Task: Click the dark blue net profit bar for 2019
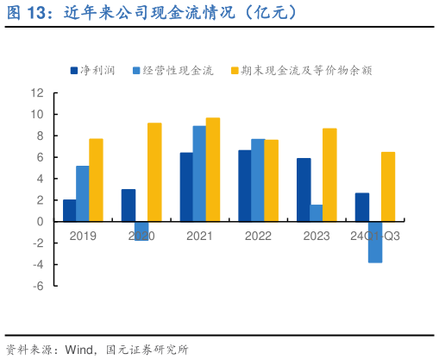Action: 69,211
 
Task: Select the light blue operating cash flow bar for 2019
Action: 82,194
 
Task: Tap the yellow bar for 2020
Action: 154,173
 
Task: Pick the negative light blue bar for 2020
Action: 141,231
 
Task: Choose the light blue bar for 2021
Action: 199,174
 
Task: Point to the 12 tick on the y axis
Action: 37,92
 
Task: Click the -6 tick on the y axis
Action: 37,285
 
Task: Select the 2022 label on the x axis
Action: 258,236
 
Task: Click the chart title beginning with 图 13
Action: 151,12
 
